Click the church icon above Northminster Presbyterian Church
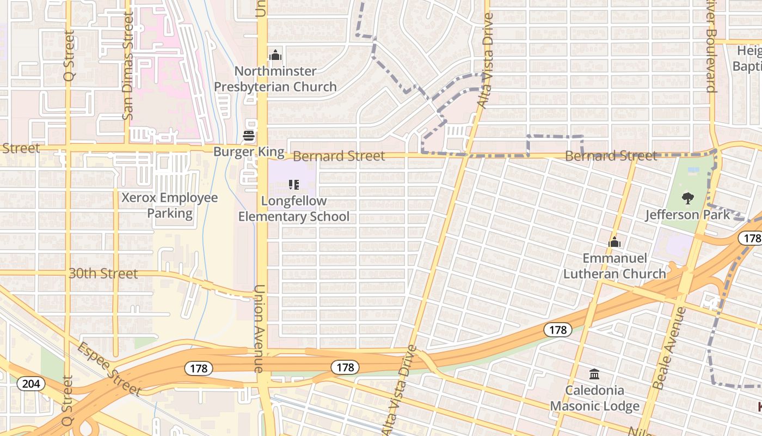coord(275,55)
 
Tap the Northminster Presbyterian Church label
coord(275,79)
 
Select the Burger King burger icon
coord(249,136)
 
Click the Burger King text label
coord(249,152)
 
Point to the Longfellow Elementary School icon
coord(294,185)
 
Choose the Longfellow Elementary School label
coord(294,209)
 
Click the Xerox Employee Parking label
coord(169,205)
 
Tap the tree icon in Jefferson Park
coord(688,198)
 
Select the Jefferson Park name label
coord(688,214)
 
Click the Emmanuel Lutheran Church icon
coord(614,242)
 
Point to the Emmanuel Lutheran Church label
coord(614,266)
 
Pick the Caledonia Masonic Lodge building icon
coord(594,374)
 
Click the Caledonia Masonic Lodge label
coord(594,398)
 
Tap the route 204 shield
coord(31,384)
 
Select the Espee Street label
coord(109,370)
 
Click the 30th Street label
coord(103,274)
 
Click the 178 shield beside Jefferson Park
coord(751,238)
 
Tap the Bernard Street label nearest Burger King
coord(339,156)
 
